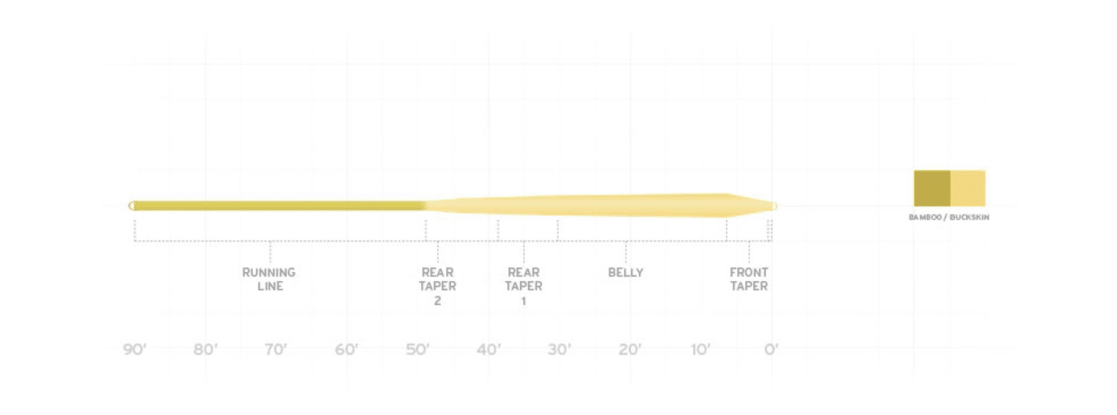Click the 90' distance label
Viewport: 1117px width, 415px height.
(135, 350)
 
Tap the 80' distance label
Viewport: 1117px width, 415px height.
(206, 350)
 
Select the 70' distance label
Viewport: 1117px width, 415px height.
(276, 350)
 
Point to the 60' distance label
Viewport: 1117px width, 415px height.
(346, 350)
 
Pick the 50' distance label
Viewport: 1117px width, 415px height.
(417, 350)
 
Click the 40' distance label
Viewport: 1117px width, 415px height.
(489, 350)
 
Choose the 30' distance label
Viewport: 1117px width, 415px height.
(559, 350)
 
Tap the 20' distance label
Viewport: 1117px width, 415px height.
(630, 350)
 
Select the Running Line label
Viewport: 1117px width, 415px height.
(269, 279)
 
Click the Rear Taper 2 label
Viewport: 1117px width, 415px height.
(438, 286)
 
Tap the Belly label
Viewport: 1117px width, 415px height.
(626, 273)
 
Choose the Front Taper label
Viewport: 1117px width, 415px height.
(749, 279)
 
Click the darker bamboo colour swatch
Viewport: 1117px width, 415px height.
(932, 189)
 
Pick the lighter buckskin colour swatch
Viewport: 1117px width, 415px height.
(968, 189)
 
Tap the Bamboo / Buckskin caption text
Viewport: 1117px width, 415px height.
(949, 217)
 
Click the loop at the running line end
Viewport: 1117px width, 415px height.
(131, 206)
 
